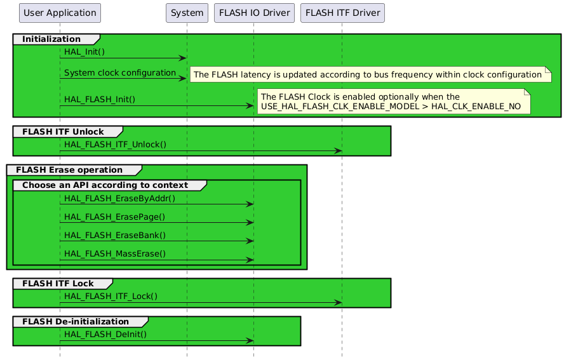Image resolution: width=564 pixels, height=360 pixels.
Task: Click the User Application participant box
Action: point(60,12)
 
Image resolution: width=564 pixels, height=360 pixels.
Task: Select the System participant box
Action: point(187,12)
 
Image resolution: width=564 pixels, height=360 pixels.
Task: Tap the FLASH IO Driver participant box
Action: point(253,12)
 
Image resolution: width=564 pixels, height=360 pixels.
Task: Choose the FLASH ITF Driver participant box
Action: point(342,12)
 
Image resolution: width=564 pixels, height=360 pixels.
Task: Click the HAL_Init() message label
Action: point(84,51)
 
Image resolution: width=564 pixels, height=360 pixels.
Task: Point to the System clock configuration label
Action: point(120,73)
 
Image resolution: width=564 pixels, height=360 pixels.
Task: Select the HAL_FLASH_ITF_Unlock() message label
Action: point(115,144)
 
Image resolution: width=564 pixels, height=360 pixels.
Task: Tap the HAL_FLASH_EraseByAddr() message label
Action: point(119,198)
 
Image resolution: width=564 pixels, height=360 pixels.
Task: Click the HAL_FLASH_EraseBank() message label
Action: point(115,235)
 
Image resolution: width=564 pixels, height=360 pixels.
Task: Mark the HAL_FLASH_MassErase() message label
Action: point(115,253)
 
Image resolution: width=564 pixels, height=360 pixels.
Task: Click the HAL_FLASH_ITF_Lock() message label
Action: point(111,296)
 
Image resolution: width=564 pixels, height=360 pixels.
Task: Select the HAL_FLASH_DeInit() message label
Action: point(105,334)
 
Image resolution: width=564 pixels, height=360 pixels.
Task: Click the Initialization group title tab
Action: point(51,39)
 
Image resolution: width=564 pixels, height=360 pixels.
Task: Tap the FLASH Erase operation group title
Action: point(69,170)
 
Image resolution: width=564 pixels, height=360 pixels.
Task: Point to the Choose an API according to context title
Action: point(105,185)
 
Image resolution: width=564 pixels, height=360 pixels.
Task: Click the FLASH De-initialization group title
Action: point(76,322)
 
